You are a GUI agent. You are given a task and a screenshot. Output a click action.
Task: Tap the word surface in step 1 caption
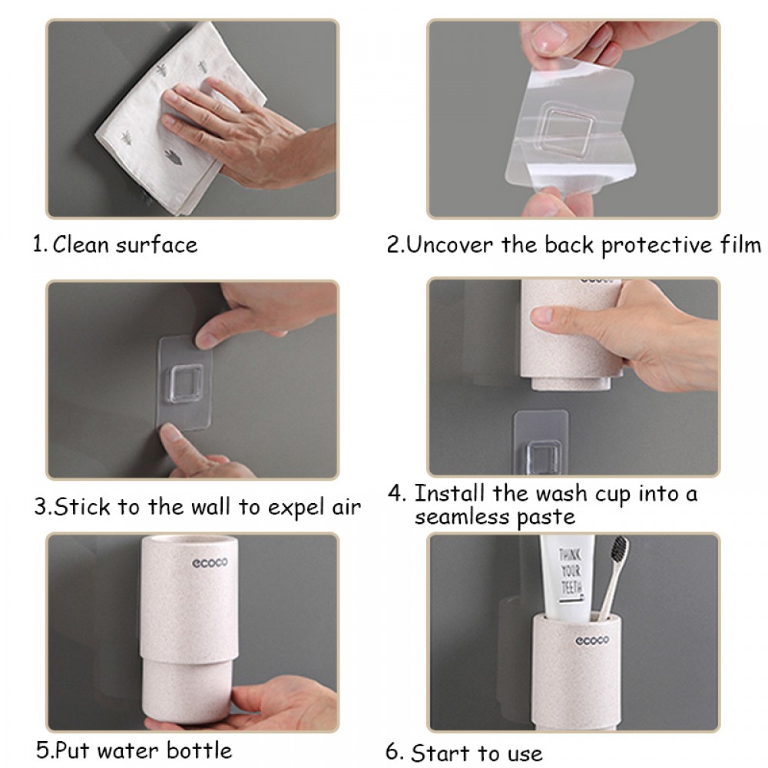(157, 244)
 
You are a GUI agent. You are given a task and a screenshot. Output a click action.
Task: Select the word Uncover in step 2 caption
(449, 244)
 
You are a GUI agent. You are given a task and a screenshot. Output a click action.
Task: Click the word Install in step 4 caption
(449, 493)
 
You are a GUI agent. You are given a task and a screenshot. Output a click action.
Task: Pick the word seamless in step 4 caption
(462, 517)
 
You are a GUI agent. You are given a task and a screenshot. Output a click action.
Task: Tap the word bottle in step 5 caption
(199, 750)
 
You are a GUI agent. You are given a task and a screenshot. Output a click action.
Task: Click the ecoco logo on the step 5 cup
(210, 563)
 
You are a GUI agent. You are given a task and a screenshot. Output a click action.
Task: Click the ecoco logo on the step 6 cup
(592, 641)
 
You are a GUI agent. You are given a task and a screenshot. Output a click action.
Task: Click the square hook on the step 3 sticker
(186, 383)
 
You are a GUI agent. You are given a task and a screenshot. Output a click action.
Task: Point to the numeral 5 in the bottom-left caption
(42, 750)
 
